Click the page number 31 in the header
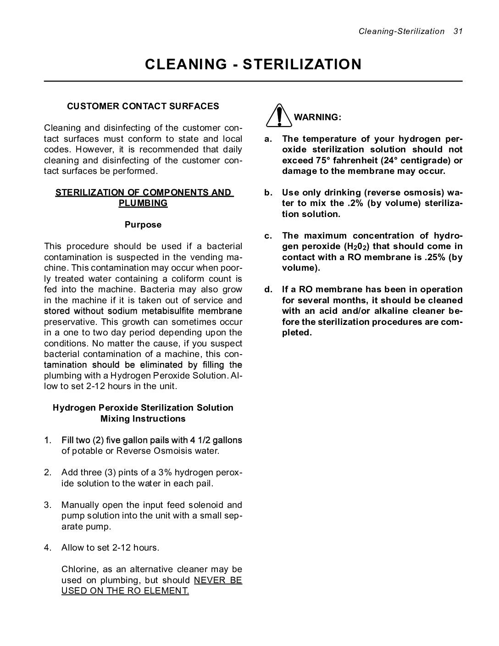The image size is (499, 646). [x=457, y=31]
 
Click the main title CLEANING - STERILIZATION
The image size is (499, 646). [x=253, y=64]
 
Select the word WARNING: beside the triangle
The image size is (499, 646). [x=317, y=117]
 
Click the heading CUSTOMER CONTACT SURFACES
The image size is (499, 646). [x=143, y=106]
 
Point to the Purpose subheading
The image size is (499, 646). [x=143, y=225]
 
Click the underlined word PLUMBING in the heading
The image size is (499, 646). [x=143, y=203]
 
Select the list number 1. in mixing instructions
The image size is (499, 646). [x=48, y=440]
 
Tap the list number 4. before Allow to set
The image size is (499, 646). [x=48, y=548]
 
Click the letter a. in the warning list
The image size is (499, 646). [x=268, y=139]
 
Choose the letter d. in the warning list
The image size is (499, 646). [x=268, y=290]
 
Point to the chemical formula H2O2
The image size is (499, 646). [x=356, y=247]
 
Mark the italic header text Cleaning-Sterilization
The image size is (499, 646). [x=401, y=31]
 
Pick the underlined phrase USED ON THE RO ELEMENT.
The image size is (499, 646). [x=125, y=591]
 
